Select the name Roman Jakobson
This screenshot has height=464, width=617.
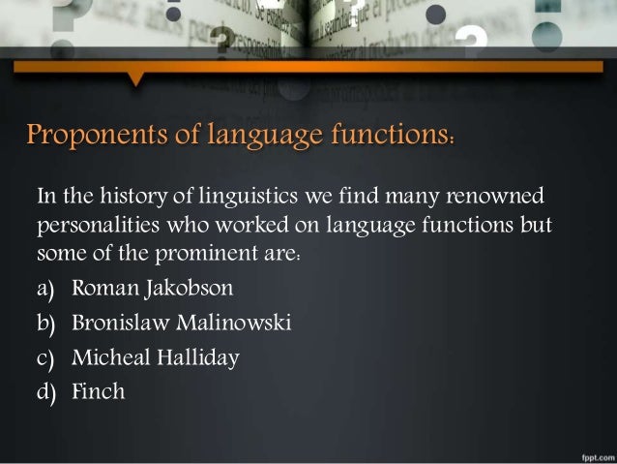153,289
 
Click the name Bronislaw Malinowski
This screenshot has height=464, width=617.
182,323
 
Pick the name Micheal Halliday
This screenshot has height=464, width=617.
156,357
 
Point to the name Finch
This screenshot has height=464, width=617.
99,392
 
